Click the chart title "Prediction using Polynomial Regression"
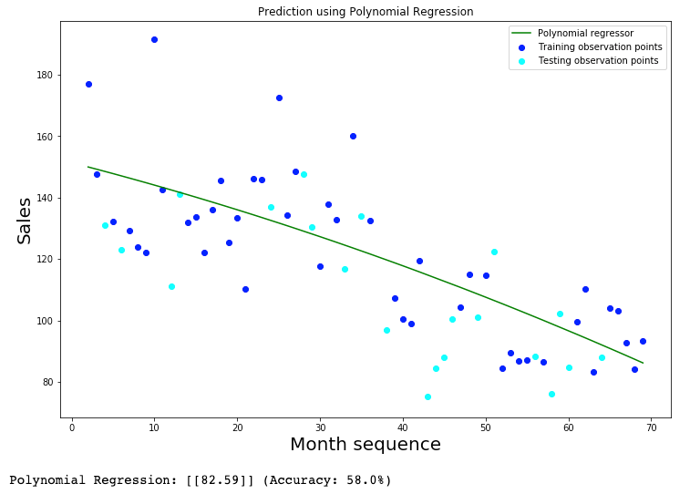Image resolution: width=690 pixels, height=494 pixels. pyautogui.click(x=366, y=12)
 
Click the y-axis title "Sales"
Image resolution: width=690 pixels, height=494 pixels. pyautogui.click(x=25, y=221)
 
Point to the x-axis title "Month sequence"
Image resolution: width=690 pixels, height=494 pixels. pyautogui.click(x=366, y=445)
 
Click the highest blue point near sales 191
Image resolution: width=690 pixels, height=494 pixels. pyautogui.click(x=154, y=39)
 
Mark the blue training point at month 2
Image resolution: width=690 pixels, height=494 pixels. pyautogui.click(x=88, y=84)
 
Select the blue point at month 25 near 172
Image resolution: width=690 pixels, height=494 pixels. pyautogui.click(x=279, y=98)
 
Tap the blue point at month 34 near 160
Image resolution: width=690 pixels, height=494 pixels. pyautogui.click(x=353, y=136)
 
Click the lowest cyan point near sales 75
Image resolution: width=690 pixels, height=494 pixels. pyautogui.click(x=427, y=396)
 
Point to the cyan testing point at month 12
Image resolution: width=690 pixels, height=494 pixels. pyautogui.click(x=171, y=286)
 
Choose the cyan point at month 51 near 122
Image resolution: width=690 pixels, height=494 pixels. pyautogui.click(x=494, y=252)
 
